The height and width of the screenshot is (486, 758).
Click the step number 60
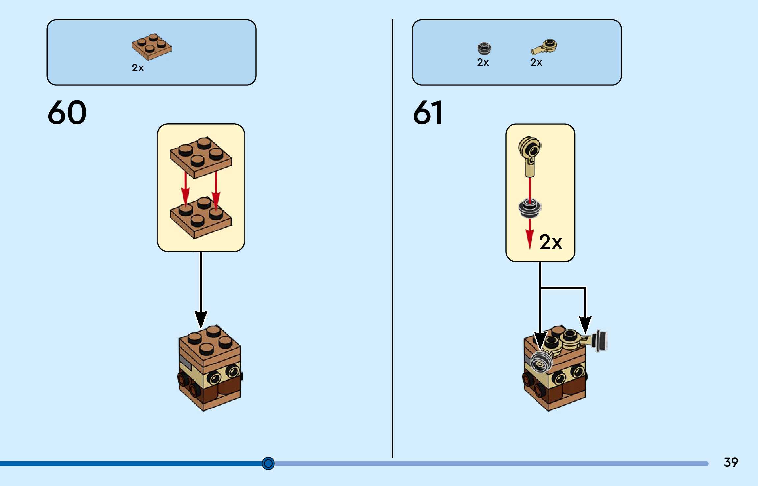67,113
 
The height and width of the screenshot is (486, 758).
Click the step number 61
428,113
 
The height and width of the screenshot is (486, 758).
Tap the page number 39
731,462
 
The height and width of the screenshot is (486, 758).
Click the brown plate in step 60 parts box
151,47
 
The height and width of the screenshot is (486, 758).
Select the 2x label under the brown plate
138,68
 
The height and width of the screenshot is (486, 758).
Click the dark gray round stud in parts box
484,48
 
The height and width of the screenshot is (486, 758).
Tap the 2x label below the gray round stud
483,62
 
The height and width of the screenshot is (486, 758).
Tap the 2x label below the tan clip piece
536,62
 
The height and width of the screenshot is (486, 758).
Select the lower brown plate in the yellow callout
201,217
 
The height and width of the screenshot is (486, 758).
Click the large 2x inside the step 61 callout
550,242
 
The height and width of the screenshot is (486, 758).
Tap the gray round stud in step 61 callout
530,208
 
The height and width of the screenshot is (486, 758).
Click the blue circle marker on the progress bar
268,463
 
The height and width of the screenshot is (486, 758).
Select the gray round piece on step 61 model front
541,362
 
